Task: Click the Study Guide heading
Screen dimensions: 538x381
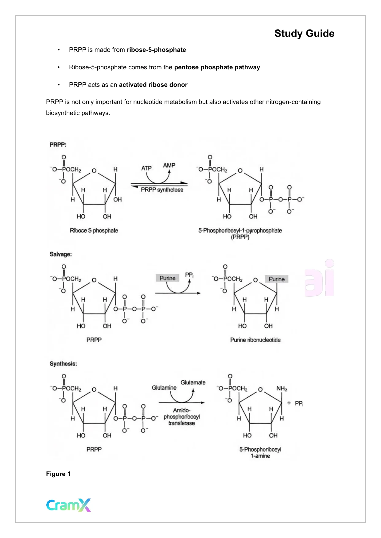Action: click(304, 33)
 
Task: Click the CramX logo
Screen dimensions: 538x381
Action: click(68, 505)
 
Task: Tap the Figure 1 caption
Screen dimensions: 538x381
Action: click(58, 474)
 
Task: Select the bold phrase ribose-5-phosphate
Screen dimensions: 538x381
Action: click(156, 50)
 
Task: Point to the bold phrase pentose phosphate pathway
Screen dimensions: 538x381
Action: click(217, 67)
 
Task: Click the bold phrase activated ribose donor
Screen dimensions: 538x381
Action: click(153, 85)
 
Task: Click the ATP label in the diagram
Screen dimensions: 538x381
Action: click(146, 168)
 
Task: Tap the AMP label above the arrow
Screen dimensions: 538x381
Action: click(169, 165)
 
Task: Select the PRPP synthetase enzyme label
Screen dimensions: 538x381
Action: click(162, 190)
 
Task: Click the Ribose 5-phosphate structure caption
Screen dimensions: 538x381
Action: click(94, 230)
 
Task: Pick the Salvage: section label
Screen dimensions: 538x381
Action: click(61, 254)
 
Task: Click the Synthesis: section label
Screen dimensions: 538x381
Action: click(63, 364)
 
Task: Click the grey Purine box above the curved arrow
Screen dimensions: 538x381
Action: click(168, 278)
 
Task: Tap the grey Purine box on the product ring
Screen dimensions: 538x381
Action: click(277, 279)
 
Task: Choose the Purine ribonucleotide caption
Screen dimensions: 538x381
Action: click(255, 340)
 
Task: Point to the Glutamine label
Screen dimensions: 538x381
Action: click(164, 388)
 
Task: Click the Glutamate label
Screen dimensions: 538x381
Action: click(193, 382)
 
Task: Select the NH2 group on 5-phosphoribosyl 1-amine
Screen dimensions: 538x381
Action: click(282, 389)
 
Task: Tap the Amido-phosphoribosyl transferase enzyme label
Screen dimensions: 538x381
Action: click(182, 417)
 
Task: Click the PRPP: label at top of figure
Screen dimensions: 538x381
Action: click(58, 144)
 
